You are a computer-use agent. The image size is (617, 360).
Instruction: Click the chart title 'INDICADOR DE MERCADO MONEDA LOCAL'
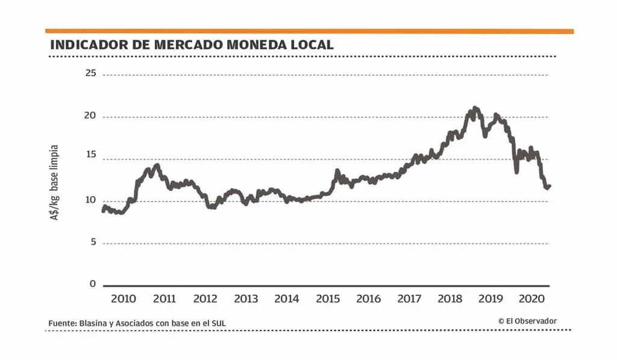pyautogui.click(x=192, y=45)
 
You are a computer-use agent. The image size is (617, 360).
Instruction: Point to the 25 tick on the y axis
pyautogui.click(x=90, y=74)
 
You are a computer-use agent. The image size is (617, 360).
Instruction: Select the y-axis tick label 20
pyautogui.click(x=90, y=116)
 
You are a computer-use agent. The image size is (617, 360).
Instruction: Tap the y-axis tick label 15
pyautogui.click(x=90, y=159)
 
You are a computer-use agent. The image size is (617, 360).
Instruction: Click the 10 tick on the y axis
pyautogui.click(x=90, y=200)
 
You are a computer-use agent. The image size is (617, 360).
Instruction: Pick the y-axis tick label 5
pyautogui.click(x=93, y=242)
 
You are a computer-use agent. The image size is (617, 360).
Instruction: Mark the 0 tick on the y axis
pyautogui.click(x=93, y=284)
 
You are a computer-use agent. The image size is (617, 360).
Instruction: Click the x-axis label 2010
pyautogui.click(x=124, y=298)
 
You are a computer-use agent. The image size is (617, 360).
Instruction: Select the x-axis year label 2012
pyautogui.click(x=205, y=298)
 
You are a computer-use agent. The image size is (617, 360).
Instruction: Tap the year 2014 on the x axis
pyautogui.click(x=287, y=298)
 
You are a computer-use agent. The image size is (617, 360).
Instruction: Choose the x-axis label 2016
pyautogui.click(x=369, y=298)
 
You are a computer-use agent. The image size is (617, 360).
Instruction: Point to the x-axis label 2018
pyautogui.click(x=450, y=298)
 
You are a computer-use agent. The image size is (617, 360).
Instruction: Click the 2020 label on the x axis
pyautogui.click(x=532, y=298)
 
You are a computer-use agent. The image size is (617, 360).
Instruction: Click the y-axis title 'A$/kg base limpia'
pyautogui.click(x=55, y=182)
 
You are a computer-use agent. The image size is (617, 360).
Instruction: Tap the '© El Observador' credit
pyautogui.click(x=527, y=321)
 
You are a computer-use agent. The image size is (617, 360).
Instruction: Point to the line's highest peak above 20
pyautogui.click(x=475, y=108)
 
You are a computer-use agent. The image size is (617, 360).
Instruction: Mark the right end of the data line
pyautogui.click(x=550, y=186)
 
